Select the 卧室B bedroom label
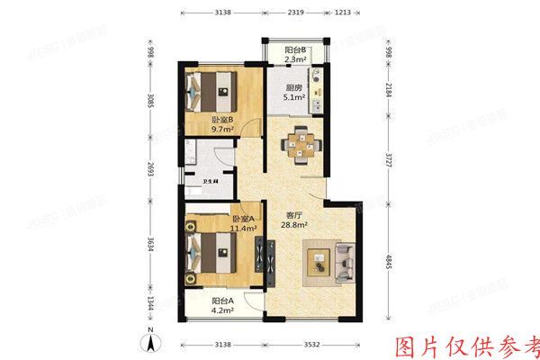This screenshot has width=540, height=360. click(x=222, y=120)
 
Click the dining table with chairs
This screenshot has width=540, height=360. click(x=301, y=145)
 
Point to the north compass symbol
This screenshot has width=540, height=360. click(x=152, y=341)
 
